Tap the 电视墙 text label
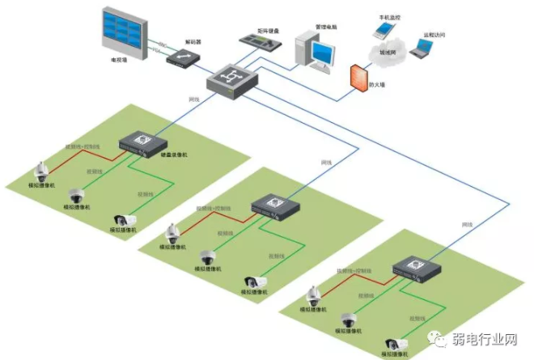click(x=120, y=60)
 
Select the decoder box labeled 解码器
click(x=181, y=57)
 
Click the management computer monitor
click(x=322, y=53)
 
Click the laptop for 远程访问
click(x=420, y=49)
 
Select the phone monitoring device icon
click(x=380, y=29)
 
